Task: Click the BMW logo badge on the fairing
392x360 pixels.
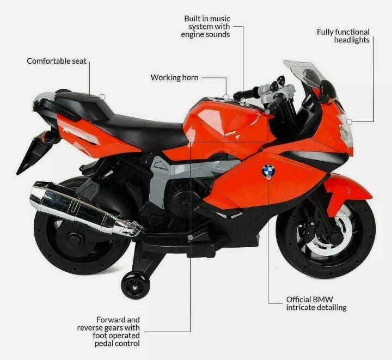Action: [268, 172]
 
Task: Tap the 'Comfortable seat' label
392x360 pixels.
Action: [57, 61]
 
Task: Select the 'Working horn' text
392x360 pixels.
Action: [174, 78]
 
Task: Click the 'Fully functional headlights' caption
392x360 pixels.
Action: [343, 36]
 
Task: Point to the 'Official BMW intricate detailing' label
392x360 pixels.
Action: [316, 303]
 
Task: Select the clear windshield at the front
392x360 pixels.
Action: [305, 74]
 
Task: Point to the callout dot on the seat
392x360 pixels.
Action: [102, 97]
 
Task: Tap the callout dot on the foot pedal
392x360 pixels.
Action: [189, 238]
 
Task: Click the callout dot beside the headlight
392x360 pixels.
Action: [349, 121]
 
